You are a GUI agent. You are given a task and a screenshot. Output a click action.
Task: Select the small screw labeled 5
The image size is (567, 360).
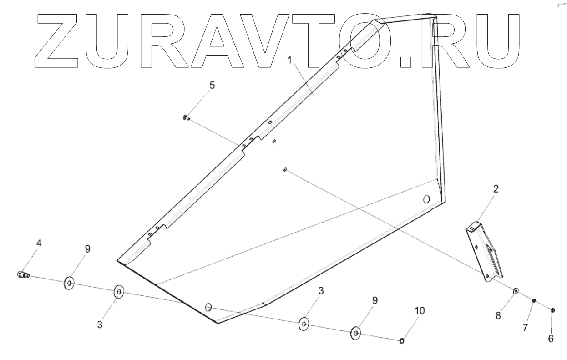click(x=184, y=118)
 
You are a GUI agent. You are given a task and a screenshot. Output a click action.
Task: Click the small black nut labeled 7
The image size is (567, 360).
click(x=535, y=300)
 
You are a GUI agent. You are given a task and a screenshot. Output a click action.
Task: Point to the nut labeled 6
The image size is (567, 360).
click(x=552, y=310)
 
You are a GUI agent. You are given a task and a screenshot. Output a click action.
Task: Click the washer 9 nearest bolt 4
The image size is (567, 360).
click(x=69, y=284)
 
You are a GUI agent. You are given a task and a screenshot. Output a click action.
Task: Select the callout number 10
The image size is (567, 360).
click(x=419, y=311)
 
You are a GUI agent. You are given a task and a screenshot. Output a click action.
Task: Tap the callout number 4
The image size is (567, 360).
click(x=39, y=243)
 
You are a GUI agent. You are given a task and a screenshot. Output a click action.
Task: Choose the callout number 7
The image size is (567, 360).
click(x=525, y=327)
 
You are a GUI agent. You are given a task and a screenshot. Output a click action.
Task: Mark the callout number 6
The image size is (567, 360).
click(x=551, y=339)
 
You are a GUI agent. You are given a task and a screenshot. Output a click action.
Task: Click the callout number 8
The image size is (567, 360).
click(x=498, y=315)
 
